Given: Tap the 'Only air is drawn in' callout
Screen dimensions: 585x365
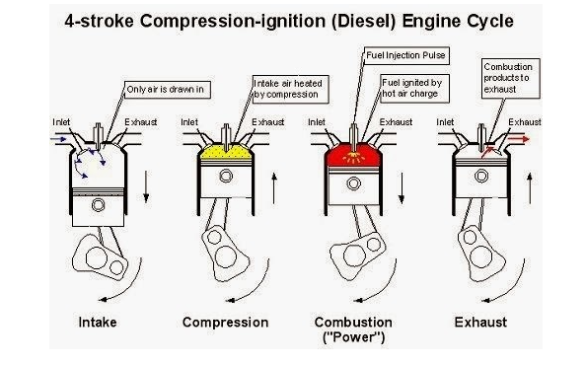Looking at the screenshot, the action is coord(168,90).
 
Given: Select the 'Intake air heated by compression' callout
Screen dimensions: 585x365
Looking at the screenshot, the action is coord(291,89).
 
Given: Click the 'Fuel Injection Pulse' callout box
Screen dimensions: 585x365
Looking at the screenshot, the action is coord(406,55).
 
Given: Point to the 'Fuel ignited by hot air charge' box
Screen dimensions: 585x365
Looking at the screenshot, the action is coord(415,89).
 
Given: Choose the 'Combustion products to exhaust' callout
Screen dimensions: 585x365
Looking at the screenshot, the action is coord(510,78).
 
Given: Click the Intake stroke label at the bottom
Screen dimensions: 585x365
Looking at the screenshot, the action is coord(98,322).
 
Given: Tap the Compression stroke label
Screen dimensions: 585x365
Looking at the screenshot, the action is coord(225,322).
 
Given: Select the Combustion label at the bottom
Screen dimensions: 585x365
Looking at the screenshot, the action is coord(353,322).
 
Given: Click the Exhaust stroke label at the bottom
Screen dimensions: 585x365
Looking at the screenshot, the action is coord(480,322).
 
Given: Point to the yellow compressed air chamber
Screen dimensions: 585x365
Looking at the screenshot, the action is coord(225,153).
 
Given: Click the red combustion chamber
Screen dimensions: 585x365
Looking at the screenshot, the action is coord(353,155).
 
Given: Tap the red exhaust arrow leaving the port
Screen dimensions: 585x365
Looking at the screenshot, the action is coord(519,139).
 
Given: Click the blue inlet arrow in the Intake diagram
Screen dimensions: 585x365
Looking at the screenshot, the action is coord(58,139).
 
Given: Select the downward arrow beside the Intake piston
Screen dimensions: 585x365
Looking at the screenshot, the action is coord(146,186).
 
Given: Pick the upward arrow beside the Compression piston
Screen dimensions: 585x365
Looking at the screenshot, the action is coord(274,188).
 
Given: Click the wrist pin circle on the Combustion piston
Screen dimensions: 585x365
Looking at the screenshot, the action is coord(353,183).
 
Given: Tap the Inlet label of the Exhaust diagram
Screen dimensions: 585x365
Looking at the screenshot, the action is coord(445,122).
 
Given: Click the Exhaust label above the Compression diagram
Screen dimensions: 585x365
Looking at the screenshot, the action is coord(268,122).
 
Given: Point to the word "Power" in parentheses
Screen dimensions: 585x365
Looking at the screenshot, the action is coord(353,337).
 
